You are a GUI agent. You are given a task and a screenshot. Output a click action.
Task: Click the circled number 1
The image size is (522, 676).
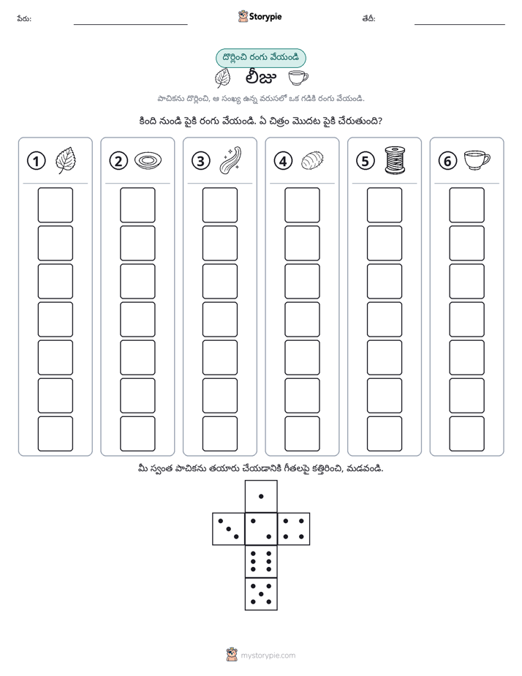36,161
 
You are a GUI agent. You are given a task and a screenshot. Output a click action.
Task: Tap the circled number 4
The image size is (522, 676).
283,161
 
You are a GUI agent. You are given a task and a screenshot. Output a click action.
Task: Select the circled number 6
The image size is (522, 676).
447,161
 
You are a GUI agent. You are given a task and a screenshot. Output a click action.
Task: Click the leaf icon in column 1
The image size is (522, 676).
66,160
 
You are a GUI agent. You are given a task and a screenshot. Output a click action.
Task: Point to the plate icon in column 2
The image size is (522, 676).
148,161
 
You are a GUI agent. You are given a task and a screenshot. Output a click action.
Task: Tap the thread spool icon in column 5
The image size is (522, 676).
395,160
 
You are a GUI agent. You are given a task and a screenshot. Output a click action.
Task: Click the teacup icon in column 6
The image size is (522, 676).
477,160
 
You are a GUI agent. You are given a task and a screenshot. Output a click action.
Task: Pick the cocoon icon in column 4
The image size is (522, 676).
312,161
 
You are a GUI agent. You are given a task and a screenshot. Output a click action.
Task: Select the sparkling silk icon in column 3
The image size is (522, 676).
230,160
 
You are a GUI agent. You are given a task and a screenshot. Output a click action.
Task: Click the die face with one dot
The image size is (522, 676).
261,496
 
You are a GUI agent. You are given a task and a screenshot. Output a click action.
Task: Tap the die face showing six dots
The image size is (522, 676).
261,561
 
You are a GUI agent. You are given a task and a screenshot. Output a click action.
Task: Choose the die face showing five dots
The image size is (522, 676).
261,594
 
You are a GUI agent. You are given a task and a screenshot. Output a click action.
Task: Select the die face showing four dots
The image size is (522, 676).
294,529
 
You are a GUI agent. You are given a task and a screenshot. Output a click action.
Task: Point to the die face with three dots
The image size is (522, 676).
229,529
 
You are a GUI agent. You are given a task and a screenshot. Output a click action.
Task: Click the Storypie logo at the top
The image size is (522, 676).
260,17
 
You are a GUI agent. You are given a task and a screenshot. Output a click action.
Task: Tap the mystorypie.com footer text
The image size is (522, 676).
268,656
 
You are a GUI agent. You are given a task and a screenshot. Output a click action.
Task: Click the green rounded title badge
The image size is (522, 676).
260,58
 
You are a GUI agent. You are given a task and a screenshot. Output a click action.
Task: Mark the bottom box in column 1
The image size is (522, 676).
55,434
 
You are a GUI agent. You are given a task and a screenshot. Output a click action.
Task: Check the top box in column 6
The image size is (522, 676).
467,205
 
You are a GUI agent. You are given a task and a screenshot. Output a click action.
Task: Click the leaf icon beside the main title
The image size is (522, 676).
223,78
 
